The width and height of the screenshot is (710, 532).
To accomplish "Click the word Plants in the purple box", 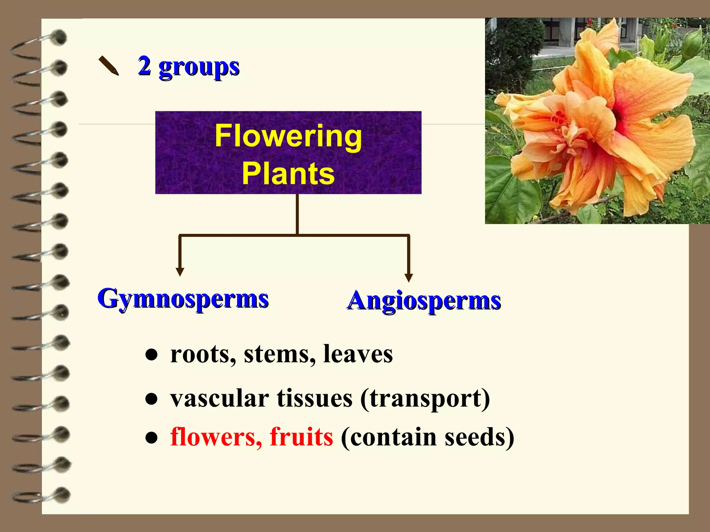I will tap(288, 173).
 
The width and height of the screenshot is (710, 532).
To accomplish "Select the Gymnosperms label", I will tap(183, 299).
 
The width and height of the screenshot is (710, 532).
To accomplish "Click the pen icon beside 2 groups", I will tap(109, 65).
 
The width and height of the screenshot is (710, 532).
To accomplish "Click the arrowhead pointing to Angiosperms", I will tap(409, 277).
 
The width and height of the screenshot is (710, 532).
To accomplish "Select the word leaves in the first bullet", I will tap(358, 354).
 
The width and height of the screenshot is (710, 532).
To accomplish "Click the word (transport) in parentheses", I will tap(425, 398).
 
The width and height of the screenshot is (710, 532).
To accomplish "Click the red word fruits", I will tap(301, 436).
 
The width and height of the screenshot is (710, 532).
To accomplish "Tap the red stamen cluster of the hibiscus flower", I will tap(559, 118).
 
